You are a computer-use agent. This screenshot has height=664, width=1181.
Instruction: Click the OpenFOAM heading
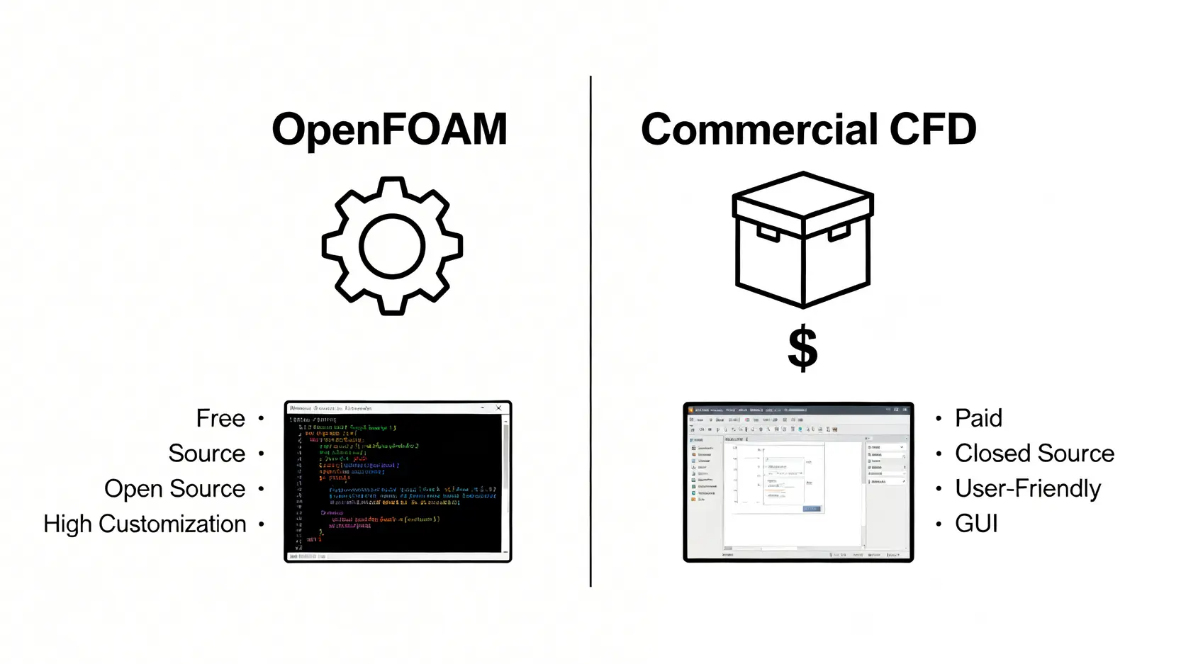pos(389,130)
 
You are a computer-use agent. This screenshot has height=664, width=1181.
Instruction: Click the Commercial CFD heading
pos(808,130)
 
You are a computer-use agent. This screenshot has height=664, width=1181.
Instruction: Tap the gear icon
pos(392,246)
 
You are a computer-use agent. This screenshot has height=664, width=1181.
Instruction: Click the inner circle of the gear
pos(392,246)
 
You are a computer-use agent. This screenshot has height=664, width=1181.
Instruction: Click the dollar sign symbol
pos(802,348)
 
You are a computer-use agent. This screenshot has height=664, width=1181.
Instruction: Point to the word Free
pos(220,418)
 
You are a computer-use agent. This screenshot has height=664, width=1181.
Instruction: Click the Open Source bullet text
pos(174,489)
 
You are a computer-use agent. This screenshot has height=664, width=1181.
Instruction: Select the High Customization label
pos(145,524)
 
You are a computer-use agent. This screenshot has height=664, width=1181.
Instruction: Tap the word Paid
pos(978,418)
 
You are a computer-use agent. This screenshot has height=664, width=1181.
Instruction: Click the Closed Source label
pos(1034,454)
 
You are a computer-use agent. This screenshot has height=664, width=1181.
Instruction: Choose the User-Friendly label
pos(1027,489)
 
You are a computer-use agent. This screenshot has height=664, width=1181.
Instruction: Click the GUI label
pos(976,524)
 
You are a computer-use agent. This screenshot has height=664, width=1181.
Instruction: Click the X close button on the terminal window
pos(499,408)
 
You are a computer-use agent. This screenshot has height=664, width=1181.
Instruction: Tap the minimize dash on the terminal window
pos(483,408)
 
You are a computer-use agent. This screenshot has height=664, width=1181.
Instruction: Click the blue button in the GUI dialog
pos(811,509)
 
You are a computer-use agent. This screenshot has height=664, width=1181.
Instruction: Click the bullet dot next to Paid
pos(939,418)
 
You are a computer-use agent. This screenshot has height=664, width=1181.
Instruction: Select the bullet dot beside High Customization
pos(261,524)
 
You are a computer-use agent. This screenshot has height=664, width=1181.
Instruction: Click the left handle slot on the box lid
pos(768,232)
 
